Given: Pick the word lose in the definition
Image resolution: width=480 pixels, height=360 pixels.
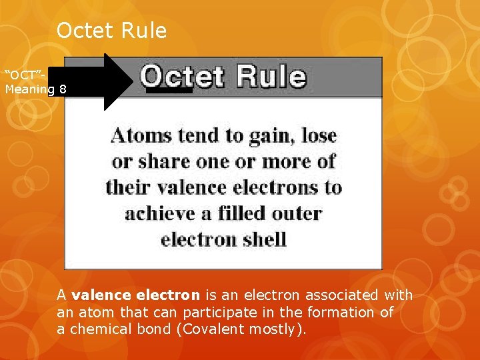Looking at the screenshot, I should coord(319,136).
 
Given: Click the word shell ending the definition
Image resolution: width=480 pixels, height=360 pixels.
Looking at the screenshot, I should coord(265,239).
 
